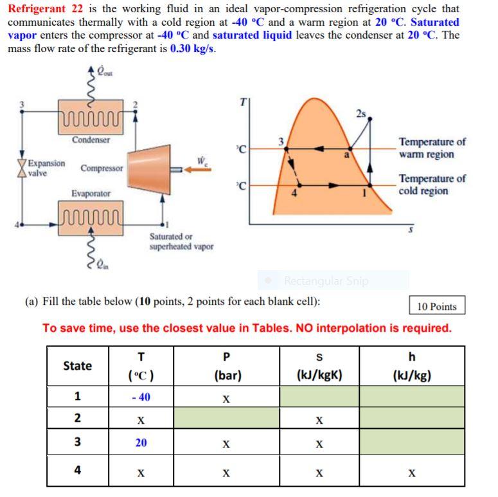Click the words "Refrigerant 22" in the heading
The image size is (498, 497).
[41, 9]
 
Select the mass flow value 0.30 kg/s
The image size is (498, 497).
[192, 48]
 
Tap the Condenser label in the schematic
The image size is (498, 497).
[91, 140]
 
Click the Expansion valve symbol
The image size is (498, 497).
[23, 168]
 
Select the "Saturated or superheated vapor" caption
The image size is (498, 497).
[181, 242]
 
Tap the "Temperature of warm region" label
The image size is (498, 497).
[432, 148]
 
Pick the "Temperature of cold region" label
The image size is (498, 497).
[432, 185]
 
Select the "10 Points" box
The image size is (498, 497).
[436, 306]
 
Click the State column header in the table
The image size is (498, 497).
[77, 366]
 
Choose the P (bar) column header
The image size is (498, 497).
[226, 366]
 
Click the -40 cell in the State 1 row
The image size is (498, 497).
[141, 397]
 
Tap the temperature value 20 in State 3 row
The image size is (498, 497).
[141, 443]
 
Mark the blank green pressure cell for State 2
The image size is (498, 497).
[226, 419]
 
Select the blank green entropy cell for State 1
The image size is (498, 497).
[319, 397]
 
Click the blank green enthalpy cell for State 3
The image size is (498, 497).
[411, 442]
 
